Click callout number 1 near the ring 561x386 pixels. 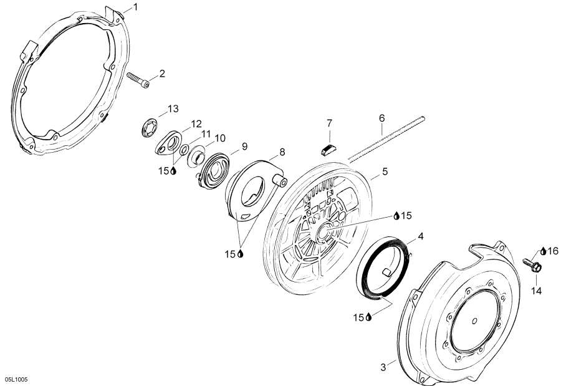point(135,7)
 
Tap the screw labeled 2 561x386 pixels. point(138,80)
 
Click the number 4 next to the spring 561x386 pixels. point(421,236)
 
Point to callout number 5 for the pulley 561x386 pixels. point(385,171)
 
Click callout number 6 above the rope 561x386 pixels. point(381,118)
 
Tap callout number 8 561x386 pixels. point(282,152)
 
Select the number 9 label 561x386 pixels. point(245,146)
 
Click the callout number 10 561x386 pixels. point(220,138)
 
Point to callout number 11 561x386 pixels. point(205,134)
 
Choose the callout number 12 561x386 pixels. point(196,124)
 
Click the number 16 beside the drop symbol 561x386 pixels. point(553,251)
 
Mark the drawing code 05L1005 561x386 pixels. point(16,379)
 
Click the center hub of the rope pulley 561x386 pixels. point(323,231)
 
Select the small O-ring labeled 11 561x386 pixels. point(185,150)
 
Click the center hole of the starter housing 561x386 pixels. point(475,321)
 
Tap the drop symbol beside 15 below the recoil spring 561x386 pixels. point(368,317)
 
